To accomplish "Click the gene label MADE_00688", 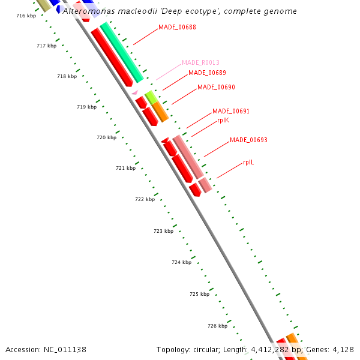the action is click(x=177, y=28).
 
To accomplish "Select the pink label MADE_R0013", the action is click(x=200, y=62).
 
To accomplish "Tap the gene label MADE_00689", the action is click(x=207, y=73).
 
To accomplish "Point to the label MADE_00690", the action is click(x=216, y=87).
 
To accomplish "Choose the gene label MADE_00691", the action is click(x=231, y=111).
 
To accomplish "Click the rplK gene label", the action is click(x=223, y=120).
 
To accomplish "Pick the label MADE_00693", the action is click(x=248, y=140).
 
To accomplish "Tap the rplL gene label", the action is click(x=248, y=162).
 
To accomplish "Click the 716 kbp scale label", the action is click(x=26, y=16).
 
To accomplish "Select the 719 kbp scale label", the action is click(x=87, y=107).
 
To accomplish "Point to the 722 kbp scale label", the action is click(x=145, y=199).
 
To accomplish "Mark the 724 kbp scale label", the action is click(x=181, y=262).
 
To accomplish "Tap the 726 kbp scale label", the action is click(x=217, y=326).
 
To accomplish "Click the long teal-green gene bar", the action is click(x=122, y=53).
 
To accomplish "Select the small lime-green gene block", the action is click(x=151, y=97).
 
